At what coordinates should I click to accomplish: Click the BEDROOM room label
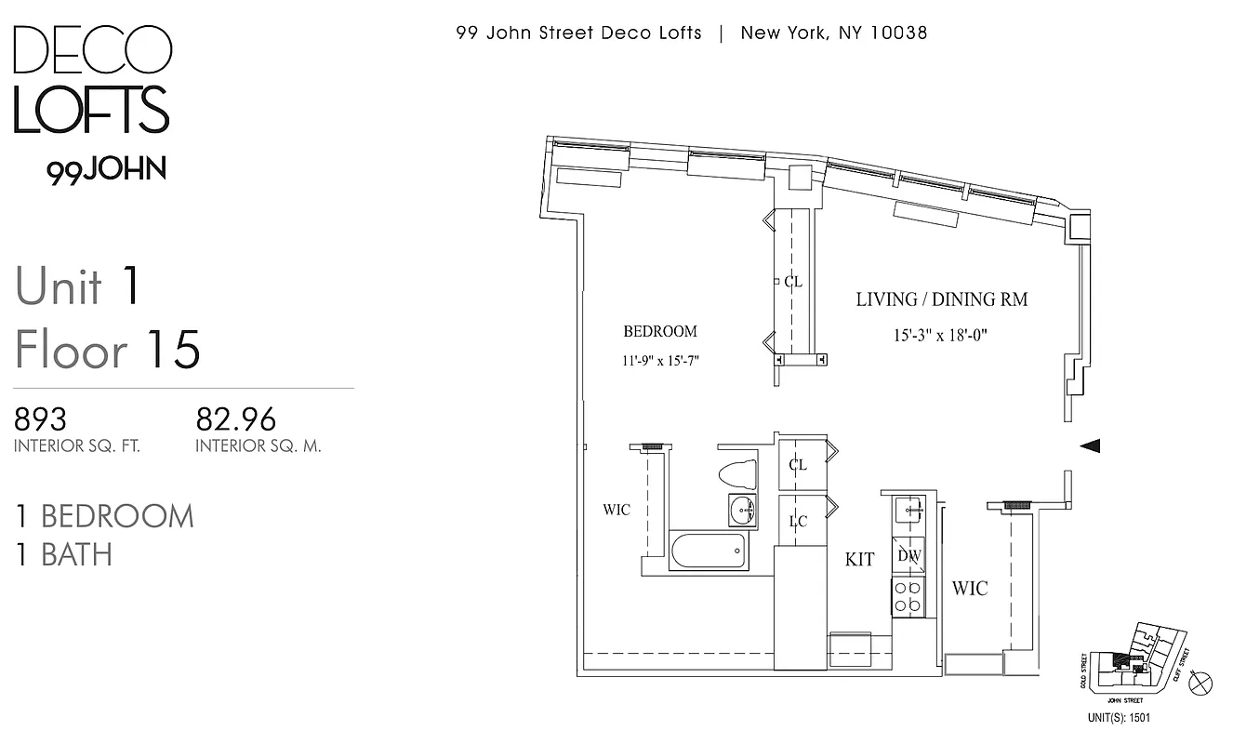(659, 331)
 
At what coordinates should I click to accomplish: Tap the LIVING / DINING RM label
(941, 299)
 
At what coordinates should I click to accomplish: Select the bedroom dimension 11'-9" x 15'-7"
(659, 361)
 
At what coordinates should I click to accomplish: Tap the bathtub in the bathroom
(708, 553)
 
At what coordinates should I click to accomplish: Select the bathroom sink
(741, 510)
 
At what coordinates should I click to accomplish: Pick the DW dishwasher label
(908, 556)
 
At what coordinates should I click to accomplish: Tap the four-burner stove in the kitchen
(908, 596)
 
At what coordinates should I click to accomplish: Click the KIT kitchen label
(859, 559)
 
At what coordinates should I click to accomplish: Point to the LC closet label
(798, 522)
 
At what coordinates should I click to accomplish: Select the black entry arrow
(1090, 446)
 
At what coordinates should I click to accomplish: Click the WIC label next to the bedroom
(616, 510)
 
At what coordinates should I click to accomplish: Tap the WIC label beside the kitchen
(969, 588)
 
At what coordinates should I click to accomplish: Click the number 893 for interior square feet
(40, 418)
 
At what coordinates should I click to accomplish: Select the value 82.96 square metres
(235, 418)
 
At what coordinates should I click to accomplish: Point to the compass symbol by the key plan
(1200, 684)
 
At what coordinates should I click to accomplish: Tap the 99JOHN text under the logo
(107, 170)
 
